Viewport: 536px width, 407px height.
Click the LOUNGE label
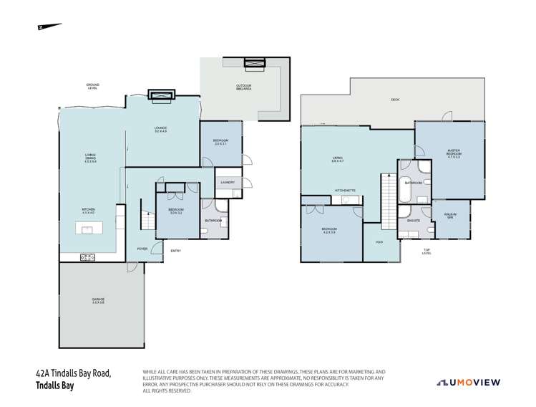click(160, 130)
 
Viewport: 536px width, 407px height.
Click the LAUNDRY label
click(228, 183)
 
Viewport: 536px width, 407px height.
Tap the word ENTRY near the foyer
click(176, 250)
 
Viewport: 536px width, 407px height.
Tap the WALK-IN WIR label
click(450, 214)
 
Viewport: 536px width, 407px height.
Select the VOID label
click(379, 241)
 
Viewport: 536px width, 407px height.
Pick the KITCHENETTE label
click(346, 190)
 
